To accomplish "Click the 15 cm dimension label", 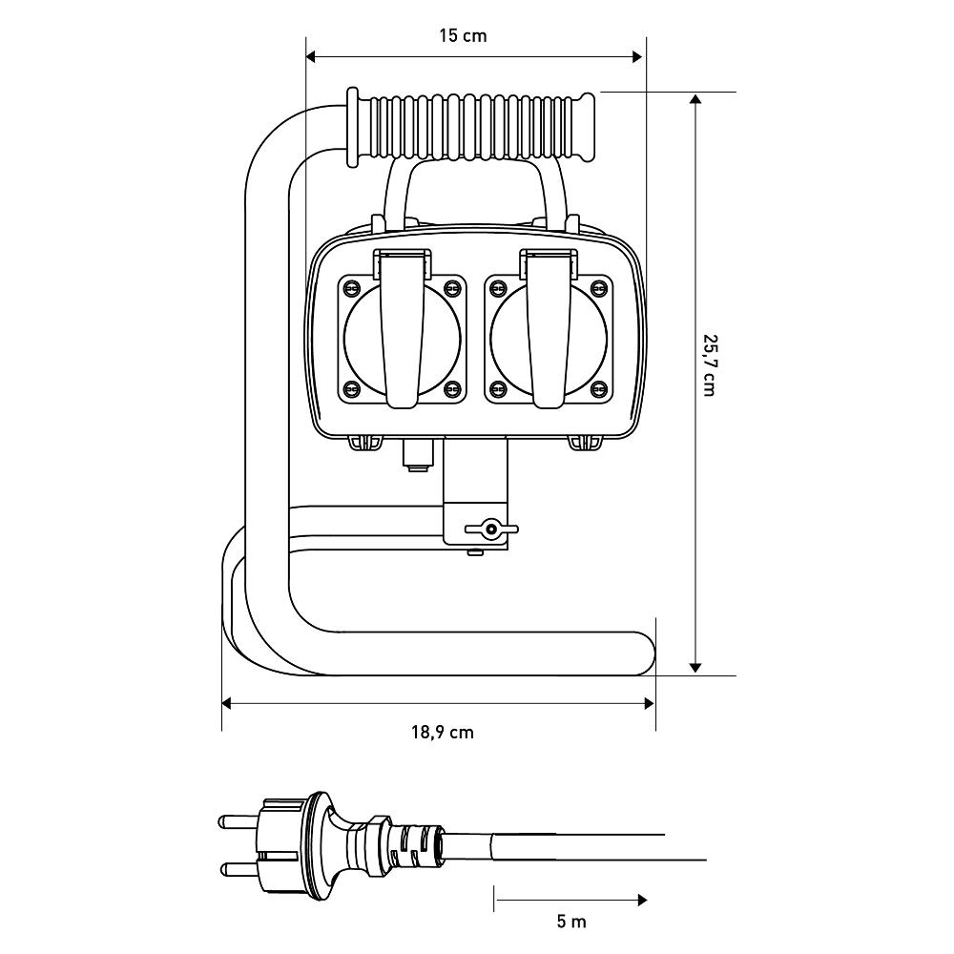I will [x=462, y=36].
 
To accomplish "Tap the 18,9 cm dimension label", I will [x=443, y=733].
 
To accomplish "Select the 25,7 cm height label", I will [x=709, y=364].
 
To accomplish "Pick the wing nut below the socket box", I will [x=491, y=529].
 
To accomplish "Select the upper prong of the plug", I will [x=239, y=819].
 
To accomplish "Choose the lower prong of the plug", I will [x=239, y=868].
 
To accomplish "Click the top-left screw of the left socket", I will [x=350, y=287].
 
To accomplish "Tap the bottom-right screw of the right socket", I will [x=598, y=387].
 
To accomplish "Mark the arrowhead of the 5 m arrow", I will [x=642, y=899].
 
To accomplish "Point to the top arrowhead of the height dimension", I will [x=695, y=99].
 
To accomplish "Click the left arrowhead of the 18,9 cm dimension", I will [x=227, y=704].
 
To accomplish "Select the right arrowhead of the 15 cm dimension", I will [x=638, y=56].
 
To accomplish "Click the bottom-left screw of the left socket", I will [x=350, y=387].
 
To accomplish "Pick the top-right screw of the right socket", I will [x=598, y=287].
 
